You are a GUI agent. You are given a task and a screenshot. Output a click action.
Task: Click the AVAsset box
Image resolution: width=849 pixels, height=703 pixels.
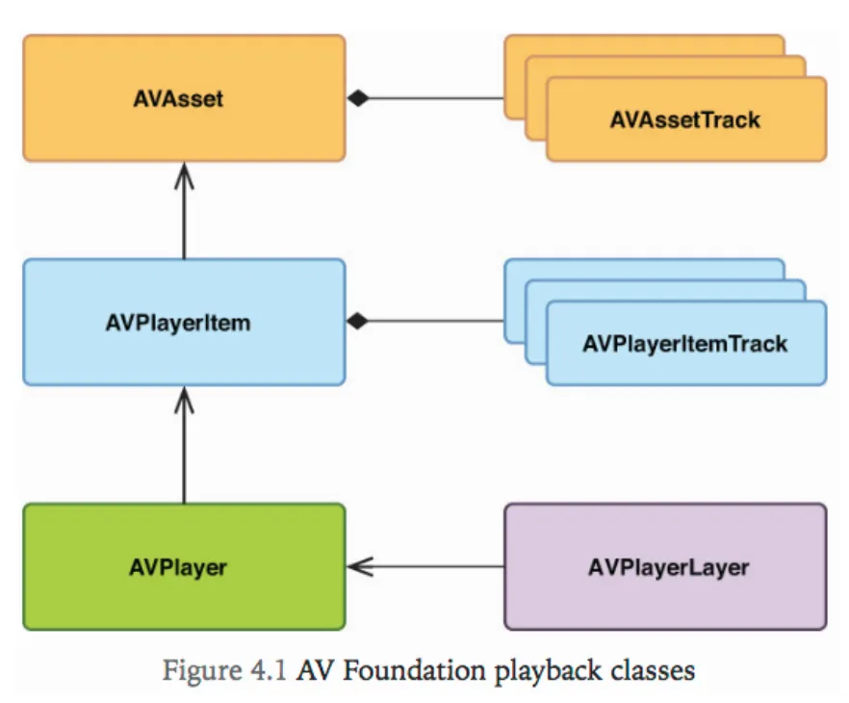tap(183, 98)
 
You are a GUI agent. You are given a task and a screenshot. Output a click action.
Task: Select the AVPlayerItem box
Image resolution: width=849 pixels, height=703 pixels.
tap(183, 322)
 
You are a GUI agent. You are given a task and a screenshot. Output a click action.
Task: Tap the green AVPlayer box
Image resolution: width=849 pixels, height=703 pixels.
tap(183, 566)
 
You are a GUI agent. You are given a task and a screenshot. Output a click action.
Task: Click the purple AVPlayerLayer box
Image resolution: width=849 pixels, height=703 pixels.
tap(665, 566)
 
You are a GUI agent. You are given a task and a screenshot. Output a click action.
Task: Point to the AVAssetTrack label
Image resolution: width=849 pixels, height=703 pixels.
tap(684, 120)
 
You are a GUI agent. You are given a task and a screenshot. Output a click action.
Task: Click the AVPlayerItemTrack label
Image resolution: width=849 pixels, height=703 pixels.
tap(684, 344)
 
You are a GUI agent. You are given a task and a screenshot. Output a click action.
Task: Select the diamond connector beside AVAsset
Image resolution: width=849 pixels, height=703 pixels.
tap(358, 98)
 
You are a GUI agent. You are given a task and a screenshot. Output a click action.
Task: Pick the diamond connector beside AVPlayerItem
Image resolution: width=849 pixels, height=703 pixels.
tap(358, 322)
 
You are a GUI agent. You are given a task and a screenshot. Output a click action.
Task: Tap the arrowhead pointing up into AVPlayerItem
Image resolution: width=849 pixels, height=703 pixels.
tap(183, 398)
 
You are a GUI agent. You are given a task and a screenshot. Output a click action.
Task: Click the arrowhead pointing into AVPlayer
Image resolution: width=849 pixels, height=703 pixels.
tap(358, 566)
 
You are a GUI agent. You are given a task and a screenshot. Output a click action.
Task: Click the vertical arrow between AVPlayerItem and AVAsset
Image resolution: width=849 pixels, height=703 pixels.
tap(183, 217)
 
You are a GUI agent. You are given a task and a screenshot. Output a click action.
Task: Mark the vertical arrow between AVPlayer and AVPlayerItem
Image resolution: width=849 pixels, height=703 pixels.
tap(183, 448)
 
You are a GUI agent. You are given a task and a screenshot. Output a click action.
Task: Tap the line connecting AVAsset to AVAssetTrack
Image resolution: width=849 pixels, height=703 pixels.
tap(433, 98)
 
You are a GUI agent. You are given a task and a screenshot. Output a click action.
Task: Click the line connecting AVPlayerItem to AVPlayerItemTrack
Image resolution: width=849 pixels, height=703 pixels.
tap(433, 322)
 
